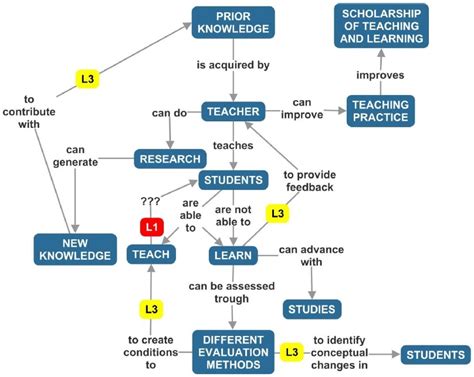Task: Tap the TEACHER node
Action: pyautogui.click(x=232, y=112)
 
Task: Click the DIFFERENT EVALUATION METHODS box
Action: pyautogui.click(x=233, y=351)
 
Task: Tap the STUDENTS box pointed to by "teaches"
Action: pyautogui.click(x=233, y=181)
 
